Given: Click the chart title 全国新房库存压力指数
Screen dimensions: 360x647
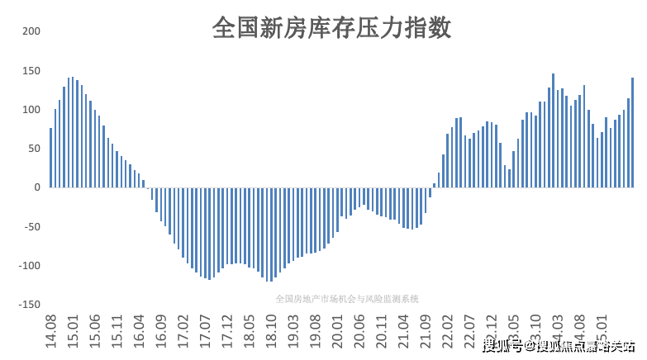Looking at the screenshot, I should tap(331, 28).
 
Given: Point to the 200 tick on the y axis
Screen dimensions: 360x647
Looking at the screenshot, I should tap(31, 31).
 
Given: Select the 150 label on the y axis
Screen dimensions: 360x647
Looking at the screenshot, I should tap(31, 70).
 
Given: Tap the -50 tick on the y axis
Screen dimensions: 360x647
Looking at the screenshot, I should tap(30, 226).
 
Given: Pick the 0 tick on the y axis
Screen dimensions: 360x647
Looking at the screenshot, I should tap(36, 187).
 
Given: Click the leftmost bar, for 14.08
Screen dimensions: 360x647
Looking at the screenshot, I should tap(51, 158).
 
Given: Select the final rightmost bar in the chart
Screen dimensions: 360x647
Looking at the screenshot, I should tap(632, 133).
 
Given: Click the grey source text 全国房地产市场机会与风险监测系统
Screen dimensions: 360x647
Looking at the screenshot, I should tap(347, 298).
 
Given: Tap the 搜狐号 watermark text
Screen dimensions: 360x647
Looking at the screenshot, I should tap(502, 345).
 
